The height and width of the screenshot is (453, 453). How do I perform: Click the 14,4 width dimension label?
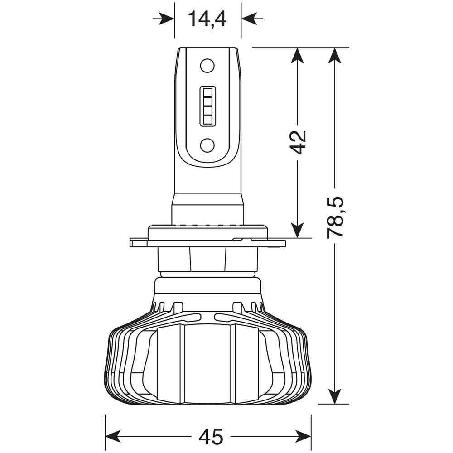click(207, 19)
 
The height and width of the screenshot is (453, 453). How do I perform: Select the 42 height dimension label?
click(298, 142)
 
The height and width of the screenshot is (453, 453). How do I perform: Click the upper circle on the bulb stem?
click(207, 66)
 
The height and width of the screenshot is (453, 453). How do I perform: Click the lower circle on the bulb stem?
click(207, 145)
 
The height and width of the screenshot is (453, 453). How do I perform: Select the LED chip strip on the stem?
click(207, 105)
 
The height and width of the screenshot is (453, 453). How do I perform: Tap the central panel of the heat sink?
click(207, 362)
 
